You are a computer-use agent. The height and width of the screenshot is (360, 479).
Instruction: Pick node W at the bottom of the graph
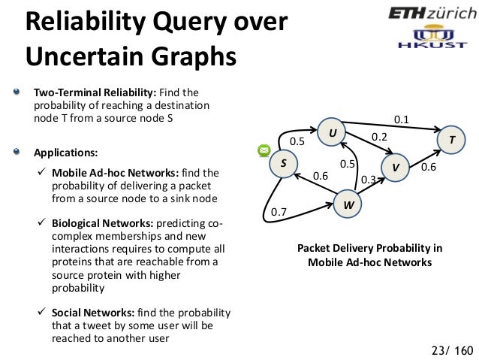coord(348,204)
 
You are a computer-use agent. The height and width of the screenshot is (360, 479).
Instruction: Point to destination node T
coord(451,140)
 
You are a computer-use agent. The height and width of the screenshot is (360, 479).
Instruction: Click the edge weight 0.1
coord(402,119)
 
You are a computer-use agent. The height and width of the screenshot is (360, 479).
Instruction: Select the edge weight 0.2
coord(379,138)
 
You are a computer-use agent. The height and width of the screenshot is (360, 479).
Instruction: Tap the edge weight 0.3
coord(368,180)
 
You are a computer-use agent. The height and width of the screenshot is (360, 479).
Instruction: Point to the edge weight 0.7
coord(279,213)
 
